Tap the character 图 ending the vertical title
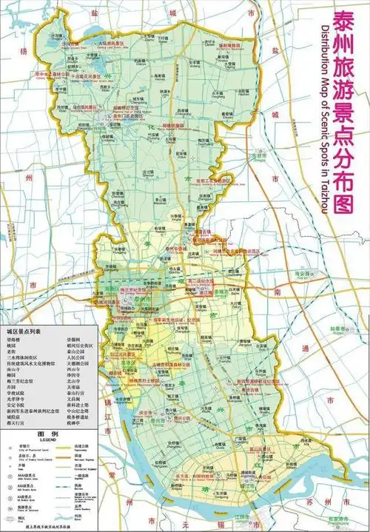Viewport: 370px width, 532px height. coord(341,203)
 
